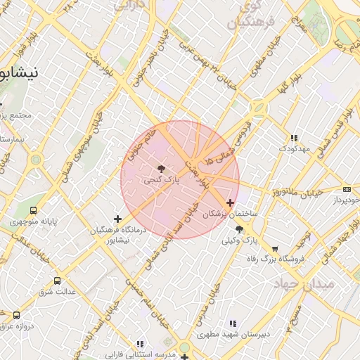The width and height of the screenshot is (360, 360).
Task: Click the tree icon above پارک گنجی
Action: [x=162, y=169]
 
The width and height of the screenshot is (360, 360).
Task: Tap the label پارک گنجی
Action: [x=162, y=180]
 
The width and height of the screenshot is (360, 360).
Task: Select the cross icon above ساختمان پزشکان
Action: [x=230, y=202]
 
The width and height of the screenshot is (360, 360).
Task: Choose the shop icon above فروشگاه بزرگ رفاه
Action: [x=275, y=249]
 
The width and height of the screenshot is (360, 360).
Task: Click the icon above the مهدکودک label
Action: [x=293, y=138]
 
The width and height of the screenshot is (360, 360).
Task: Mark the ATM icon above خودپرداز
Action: [x=347, y=189]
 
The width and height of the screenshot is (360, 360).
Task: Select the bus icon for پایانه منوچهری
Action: [x=34, y=210]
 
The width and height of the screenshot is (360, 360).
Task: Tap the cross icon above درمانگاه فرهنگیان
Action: [x=117, y=219]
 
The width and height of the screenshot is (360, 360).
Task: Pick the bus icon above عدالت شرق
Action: [x=57, y=281]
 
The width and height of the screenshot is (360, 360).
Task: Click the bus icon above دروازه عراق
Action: [x=17, y=315]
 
